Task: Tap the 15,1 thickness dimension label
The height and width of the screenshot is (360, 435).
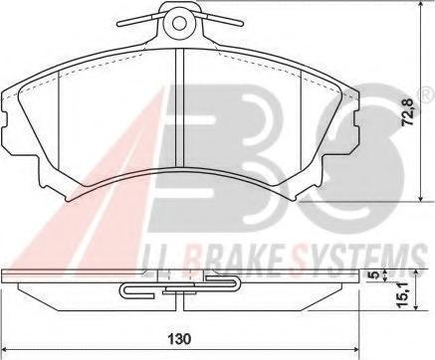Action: click(403, 295)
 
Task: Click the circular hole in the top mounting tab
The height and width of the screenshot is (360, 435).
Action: click(180, 23)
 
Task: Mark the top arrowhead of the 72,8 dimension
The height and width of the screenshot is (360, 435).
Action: click(421, 4)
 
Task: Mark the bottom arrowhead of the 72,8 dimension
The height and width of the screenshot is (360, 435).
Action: click(421, 198)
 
